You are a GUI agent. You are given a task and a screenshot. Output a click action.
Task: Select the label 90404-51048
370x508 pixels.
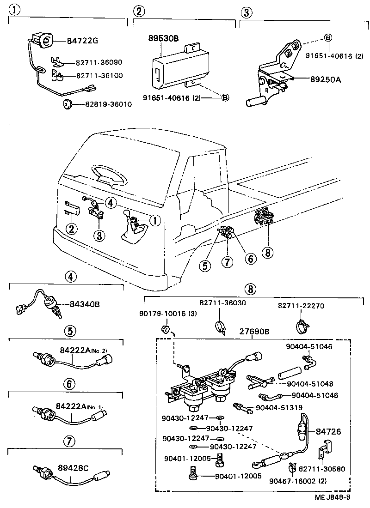pos(309,383)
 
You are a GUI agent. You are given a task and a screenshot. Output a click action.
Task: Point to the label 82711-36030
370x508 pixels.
pos(222,302)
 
